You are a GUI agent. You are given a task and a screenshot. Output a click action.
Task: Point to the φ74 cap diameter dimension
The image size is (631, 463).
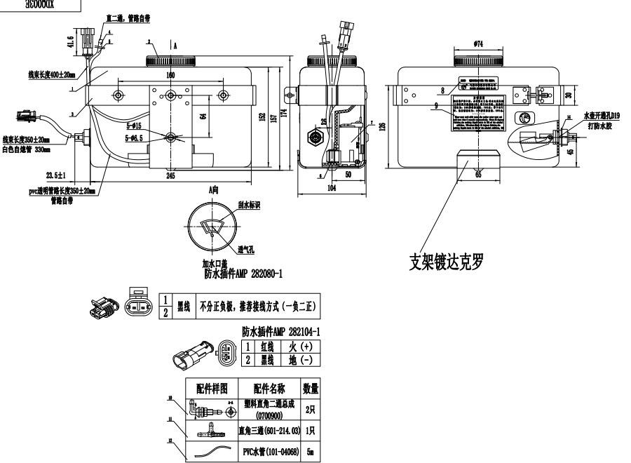478,43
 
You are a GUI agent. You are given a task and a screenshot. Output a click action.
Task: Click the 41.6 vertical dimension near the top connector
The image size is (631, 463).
69,41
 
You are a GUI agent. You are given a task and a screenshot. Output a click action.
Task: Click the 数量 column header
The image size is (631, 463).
311,388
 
